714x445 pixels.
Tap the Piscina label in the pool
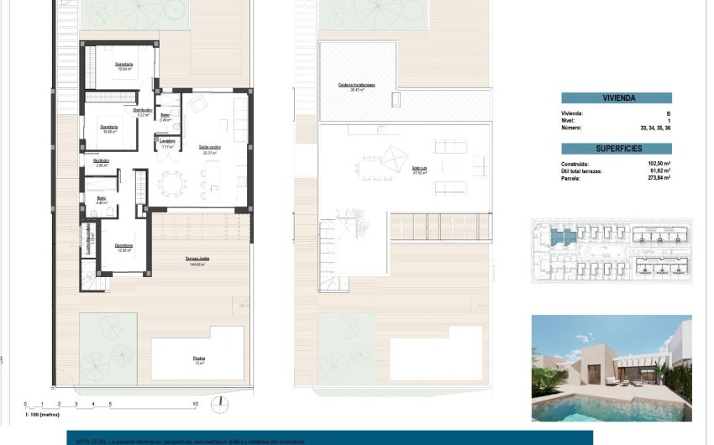click(198, 359)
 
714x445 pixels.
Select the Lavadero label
click(168, 141)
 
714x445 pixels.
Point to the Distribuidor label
click(143, 110)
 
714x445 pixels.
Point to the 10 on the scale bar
click(196, 404)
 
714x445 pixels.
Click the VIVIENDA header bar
click(616, 98)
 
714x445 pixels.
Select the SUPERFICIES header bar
click(616, 148)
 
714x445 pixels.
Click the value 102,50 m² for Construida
click(657, 164)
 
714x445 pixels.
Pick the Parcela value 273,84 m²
click(657, 178)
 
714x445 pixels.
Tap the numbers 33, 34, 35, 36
click(656, 128)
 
